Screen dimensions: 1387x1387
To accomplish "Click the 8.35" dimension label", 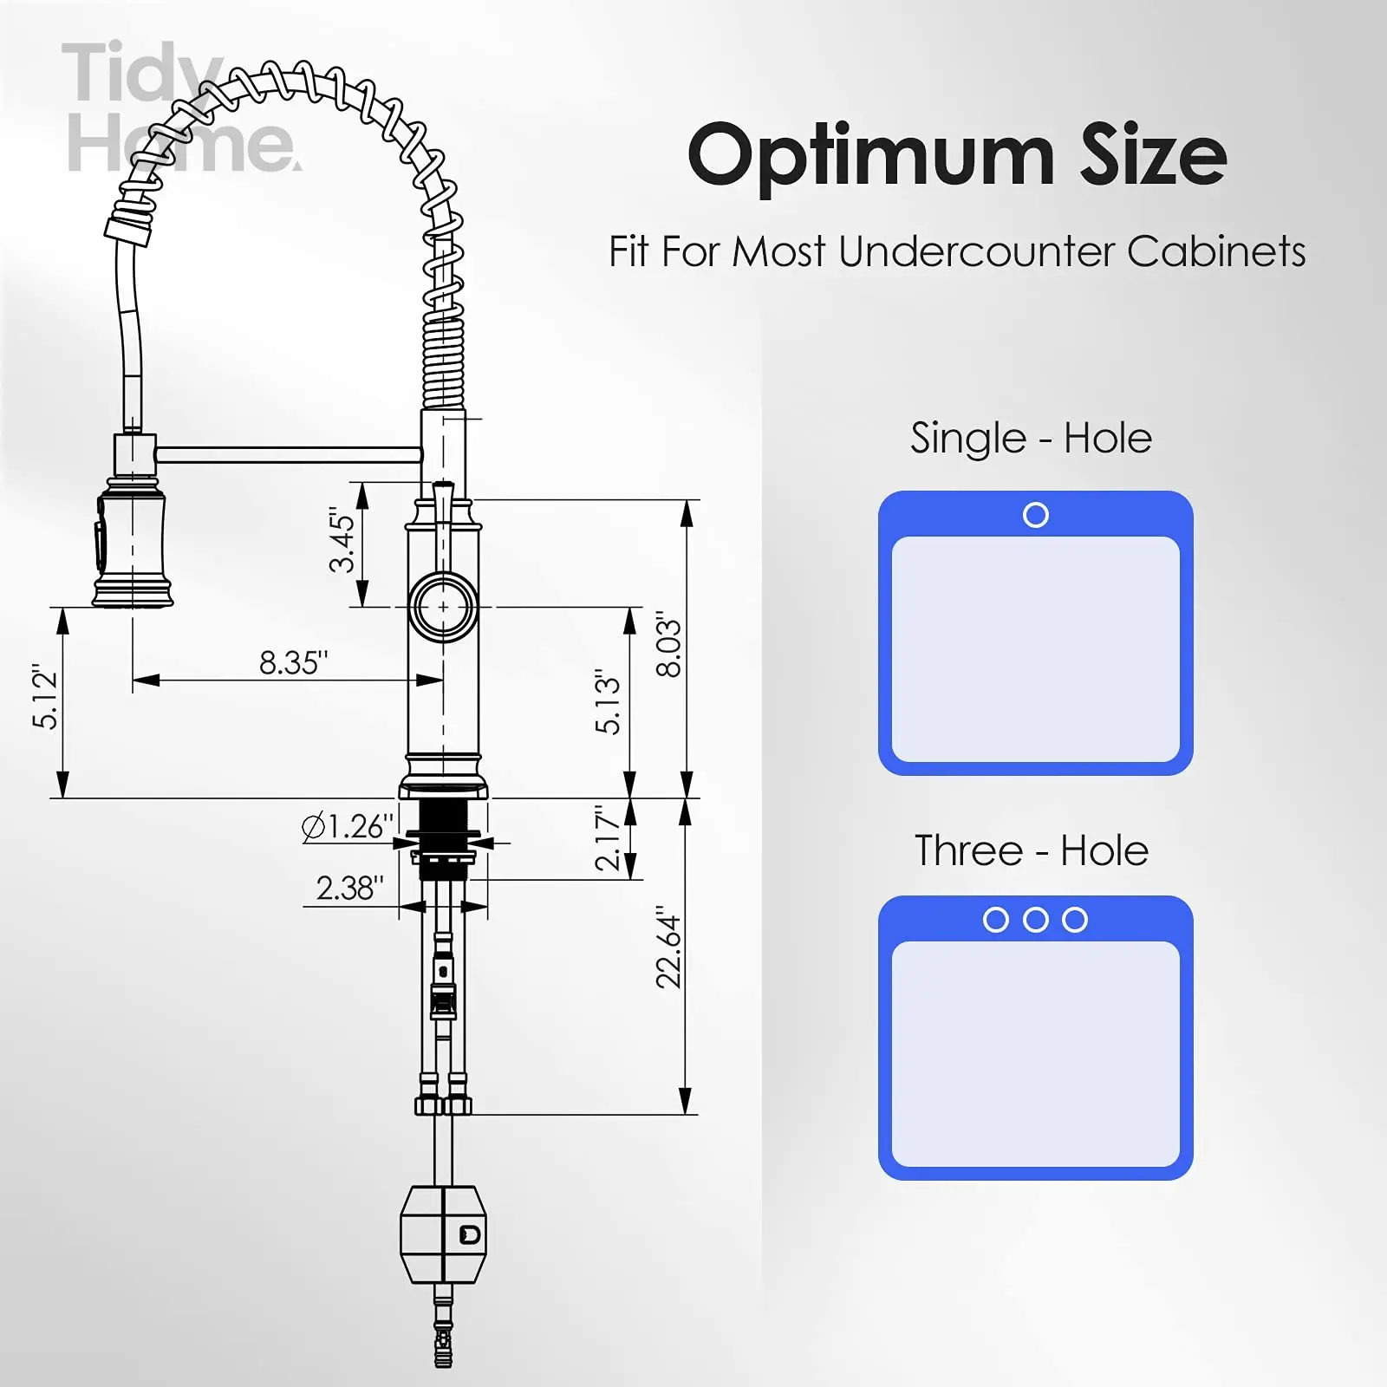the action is tap(294, 663).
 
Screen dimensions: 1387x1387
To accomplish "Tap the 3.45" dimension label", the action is tap(342, 540).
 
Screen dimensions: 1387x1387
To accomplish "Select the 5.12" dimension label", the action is tap(45, 698).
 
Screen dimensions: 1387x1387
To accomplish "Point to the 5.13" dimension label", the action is tap(608, 702).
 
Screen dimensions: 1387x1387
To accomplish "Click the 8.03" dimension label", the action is tap(668, 644).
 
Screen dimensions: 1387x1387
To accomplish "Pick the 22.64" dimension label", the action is tap(668, 947).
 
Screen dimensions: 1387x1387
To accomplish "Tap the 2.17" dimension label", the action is tap(608, 838).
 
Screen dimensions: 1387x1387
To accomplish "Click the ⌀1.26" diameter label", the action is tap(348, 826).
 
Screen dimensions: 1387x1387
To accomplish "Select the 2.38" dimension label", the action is tap(349, 888).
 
